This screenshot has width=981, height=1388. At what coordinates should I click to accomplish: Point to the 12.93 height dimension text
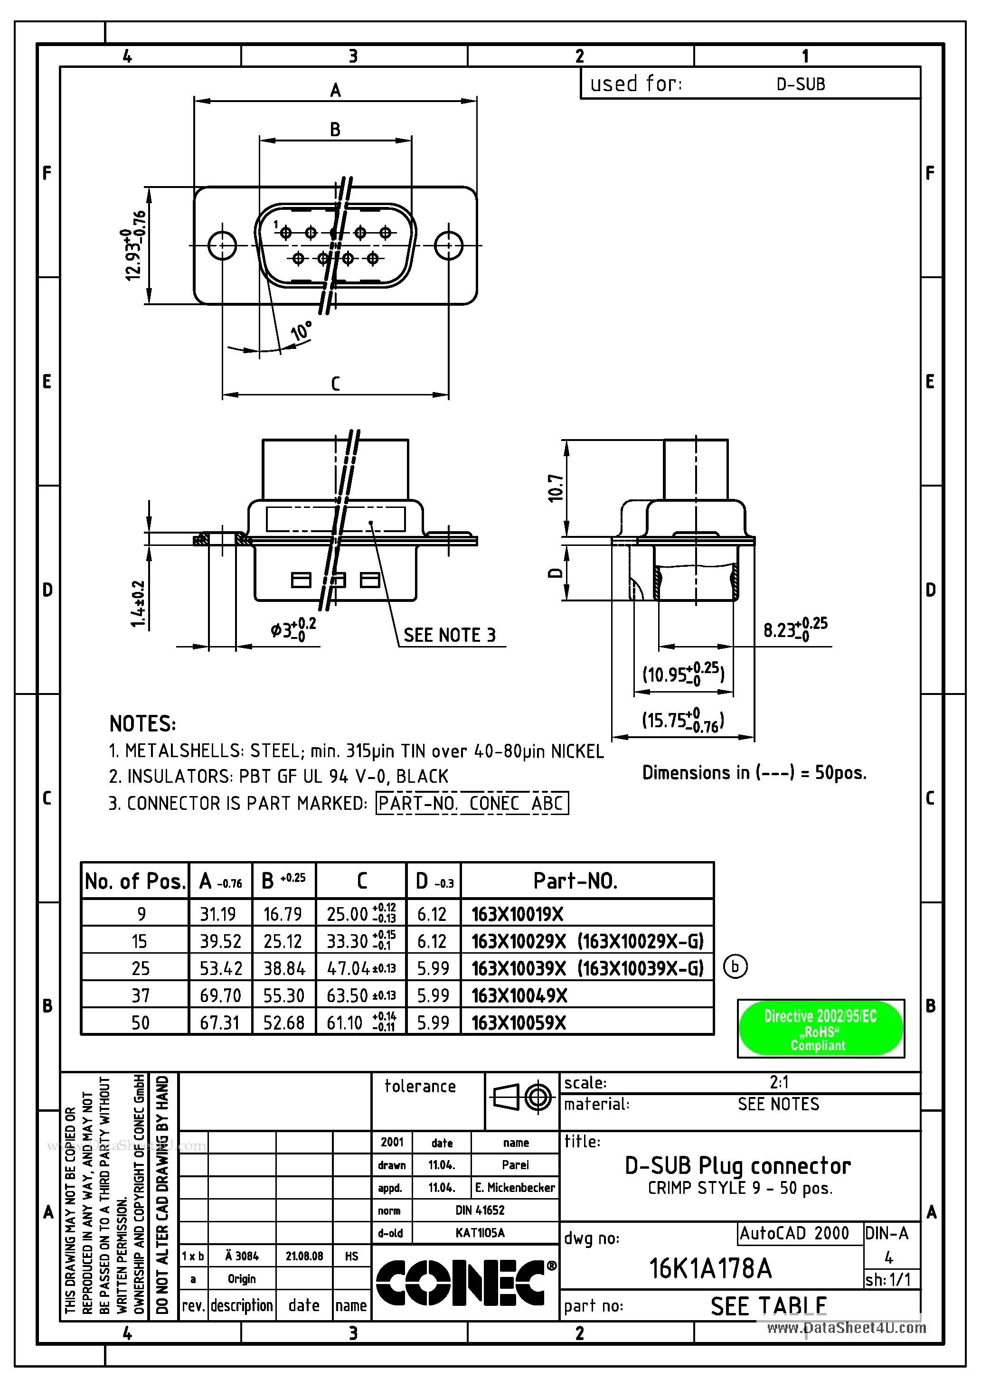tap(135, 245)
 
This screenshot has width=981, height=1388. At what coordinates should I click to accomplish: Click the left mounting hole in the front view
tap(222, 245)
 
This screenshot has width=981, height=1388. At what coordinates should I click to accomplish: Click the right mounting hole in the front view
tap(449, 245)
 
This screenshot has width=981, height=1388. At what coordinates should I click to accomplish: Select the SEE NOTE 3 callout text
tap(449, 635)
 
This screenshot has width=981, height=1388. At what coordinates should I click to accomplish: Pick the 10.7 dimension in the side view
tap(556, 488)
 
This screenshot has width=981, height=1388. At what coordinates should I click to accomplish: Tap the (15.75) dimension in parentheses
tap(682, 721)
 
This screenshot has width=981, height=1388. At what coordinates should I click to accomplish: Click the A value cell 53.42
tap(221, 968)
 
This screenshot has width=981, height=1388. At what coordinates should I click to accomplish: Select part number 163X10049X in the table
tap(519, 995)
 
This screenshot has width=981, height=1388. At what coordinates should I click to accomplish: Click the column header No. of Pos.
tap(134, 882)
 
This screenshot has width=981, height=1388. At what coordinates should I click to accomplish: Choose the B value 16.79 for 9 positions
tap(283, 914)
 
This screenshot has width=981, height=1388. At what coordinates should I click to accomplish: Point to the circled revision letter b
tap(735, 966)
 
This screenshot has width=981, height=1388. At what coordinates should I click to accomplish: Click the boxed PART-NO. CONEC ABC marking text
tap(472, 804)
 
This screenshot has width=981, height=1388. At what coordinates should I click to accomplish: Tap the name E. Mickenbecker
tap(515, 1188)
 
